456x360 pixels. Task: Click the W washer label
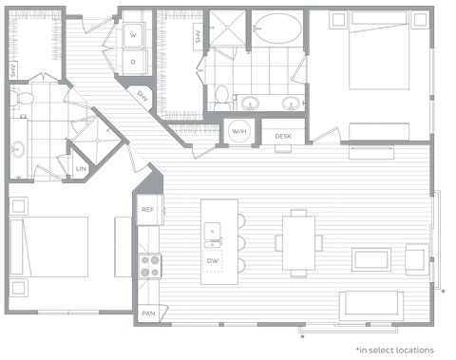tap(133, 35)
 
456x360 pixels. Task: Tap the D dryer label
tap(133, 62)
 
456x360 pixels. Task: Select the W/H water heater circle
tap(239, 132)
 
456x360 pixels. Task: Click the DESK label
tap(282, 137)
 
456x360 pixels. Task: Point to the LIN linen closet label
tap(81, 169)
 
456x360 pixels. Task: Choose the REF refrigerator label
tap(148, 210)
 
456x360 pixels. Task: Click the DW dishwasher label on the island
tap(214, 258)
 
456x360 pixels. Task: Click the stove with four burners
tap(149, 264)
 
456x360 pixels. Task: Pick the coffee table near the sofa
tap(370, 258)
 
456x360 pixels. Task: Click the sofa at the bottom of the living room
tap(373, 306)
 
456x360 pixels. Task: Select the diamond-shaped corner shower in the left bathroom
tap(97, 143)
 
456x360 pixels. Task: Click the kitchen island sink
tap(214, 229)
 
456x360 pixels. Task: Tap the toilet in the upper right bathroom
tap(222, 97)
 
